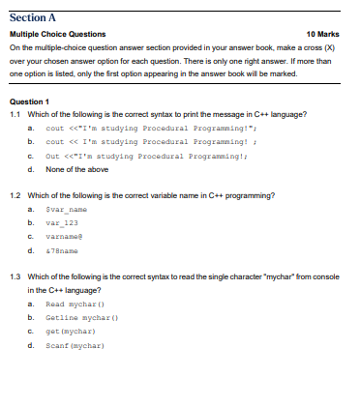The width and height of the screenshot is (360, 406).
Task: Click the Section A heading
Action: (36, 15)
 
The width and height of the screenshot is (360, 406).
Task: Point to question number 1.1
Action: (15, 114)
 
